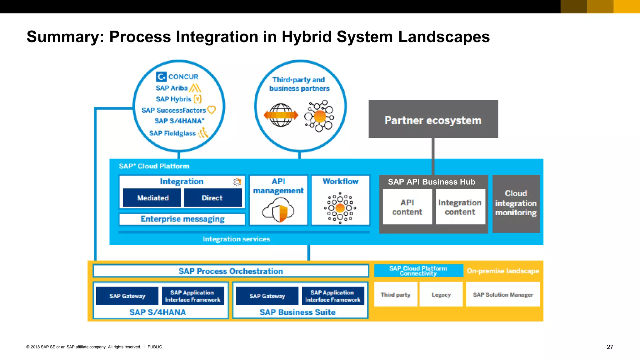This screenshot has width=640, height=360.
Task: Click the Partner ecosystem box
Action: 433,119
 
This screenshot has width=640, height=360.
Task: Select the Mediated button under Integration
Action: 152,198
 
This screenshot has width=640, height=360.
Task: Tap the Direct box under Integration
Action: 212,198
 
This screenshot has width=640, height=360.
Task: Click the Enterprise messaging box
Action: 182,219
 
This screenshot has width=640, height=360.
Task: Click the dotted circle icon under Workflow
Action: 340,208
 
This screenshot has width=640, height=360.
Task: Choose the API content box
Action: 407,207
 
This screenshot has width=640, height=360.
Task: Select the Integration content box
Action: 460,207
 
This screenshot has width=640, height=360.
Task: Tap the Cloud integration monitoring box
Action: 516,203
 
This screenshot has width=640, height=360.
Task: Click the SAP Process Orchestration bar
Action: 231,271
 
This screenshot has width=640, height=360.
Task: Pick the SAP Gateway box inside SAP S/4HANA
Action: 127,296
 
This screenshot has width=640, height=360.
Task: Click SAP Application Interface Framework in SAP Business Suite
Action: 333,296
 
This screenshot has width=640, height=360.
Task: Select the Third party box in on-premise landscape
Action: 395,294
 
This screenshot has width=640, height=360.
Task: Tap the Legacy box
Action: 441,294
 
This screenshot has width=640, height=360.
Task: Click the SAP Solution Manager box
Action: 503,294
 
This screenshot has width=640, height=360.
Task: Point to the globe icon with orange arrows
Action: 281,115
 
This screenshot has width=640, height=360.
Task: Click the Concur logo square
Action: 161,77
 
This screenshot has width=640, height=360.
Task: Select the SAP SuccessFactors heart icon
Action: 212,110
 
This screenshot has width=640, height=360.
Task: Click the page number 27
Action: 610,347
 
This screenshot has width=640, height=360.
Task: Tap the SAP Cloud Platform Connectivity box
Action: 418,271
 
